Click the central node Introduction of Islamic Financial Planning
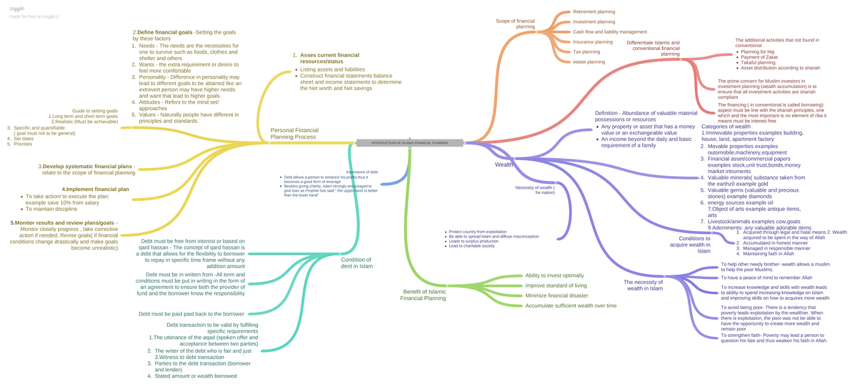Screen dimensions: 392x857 coord(409,143)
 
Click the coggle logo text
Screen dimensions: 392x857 coord(17,8)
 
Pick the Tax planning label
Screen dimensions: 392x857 coord(587,52)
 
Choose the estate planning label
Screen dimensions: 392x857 coord(589,62)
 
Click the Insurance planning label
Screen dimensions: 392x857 coord(593,41)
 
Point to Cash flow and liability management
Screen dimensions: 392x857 coord(610,31)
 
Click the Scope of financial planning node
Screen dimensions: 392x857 coord(516,24)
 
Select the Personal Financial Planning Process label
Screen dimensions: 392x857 coord(294,133)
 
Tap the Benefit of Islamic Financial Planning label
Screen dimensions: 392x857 coord(424,295)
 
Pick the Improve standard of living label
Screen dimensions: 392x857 coord(555,285)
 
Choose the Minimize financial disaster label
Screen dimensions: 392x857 coord(556,295)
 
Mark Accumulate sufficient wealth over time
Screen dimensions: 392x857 coord(571,305)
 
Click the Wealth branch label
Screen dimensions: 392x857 coord(504,165)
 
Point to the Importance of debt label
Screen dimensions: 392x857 coord(362,172)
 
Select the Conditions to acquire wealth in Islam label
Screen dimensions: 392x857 coord(695,245)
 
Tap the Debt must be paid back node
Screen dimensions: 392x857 coord(191,314)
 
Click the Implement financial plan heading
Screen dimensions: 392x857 coord(96,189)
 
